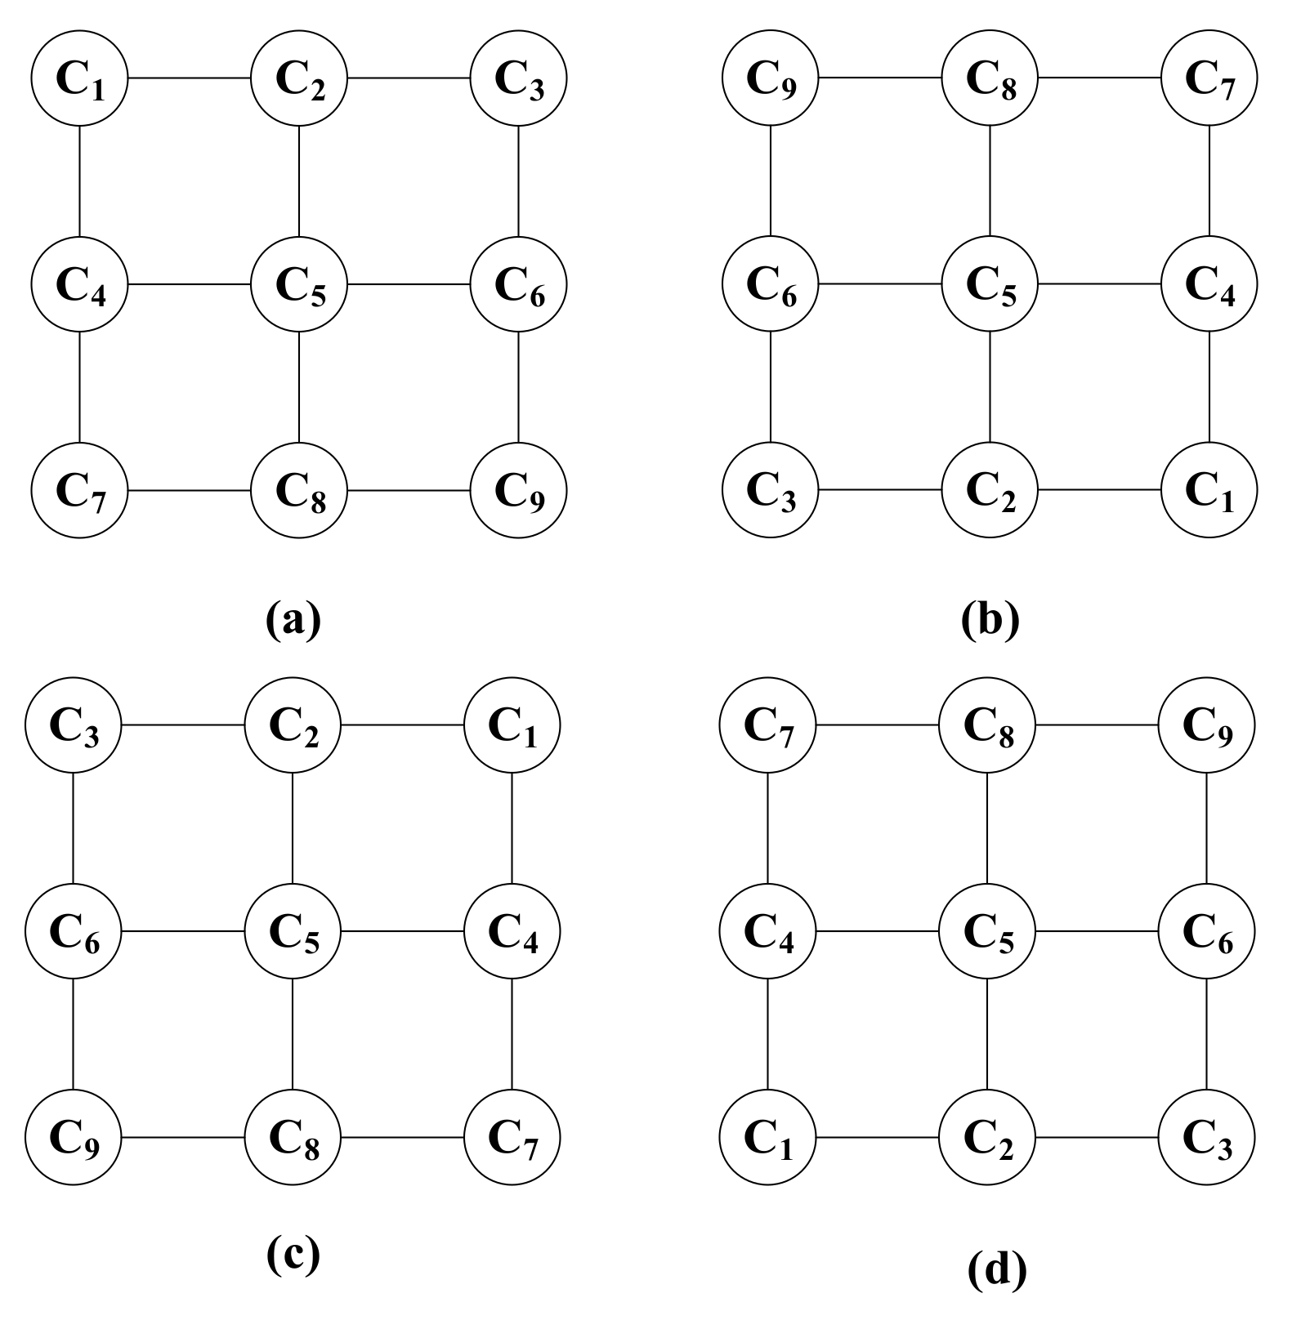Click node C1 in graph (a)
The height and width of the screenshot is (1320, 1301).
(x=79, y=78)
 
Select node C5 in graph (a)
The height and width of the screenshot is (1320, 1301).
(x=299, y=284)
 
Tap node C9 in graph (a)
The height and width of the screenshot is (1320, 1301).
(x=519, y=490)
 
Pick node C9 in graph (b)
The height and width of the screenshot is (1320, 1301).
(x=771, y=78)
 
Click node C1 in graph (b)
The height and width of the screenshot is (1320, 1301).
(x=1209, y=490)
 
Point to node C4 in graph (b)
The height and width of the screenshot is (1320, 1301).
(x=1209, y=284)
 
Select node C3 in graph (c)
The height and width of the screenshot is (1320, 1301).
(x=74, y=725)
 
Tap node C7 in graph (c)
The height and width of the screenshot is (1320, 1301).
(x=512, y=1136)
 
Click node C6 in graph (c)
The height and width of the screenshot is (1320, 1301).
(x=74, y=930)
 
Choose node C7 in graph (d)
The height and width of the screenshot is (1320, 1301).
(x=767, y=725)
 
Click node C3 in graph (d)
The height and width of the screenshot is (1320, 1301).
(x=1207, y=1136)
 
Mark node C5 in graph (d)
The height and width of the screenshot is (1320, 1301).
(x=987, y=930)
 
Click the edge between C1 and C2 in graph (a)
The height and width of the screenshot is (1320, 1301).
(x=189, y=78)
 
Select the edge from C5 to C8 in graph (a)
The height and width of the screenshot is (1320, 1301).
(x=299, y=387)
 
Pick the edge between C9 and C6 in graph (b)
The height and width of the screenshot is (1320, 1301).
(x=771, y=181)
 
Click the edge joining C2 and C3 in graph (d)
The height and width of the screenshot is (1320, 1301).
(x=1097, y=1136)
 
